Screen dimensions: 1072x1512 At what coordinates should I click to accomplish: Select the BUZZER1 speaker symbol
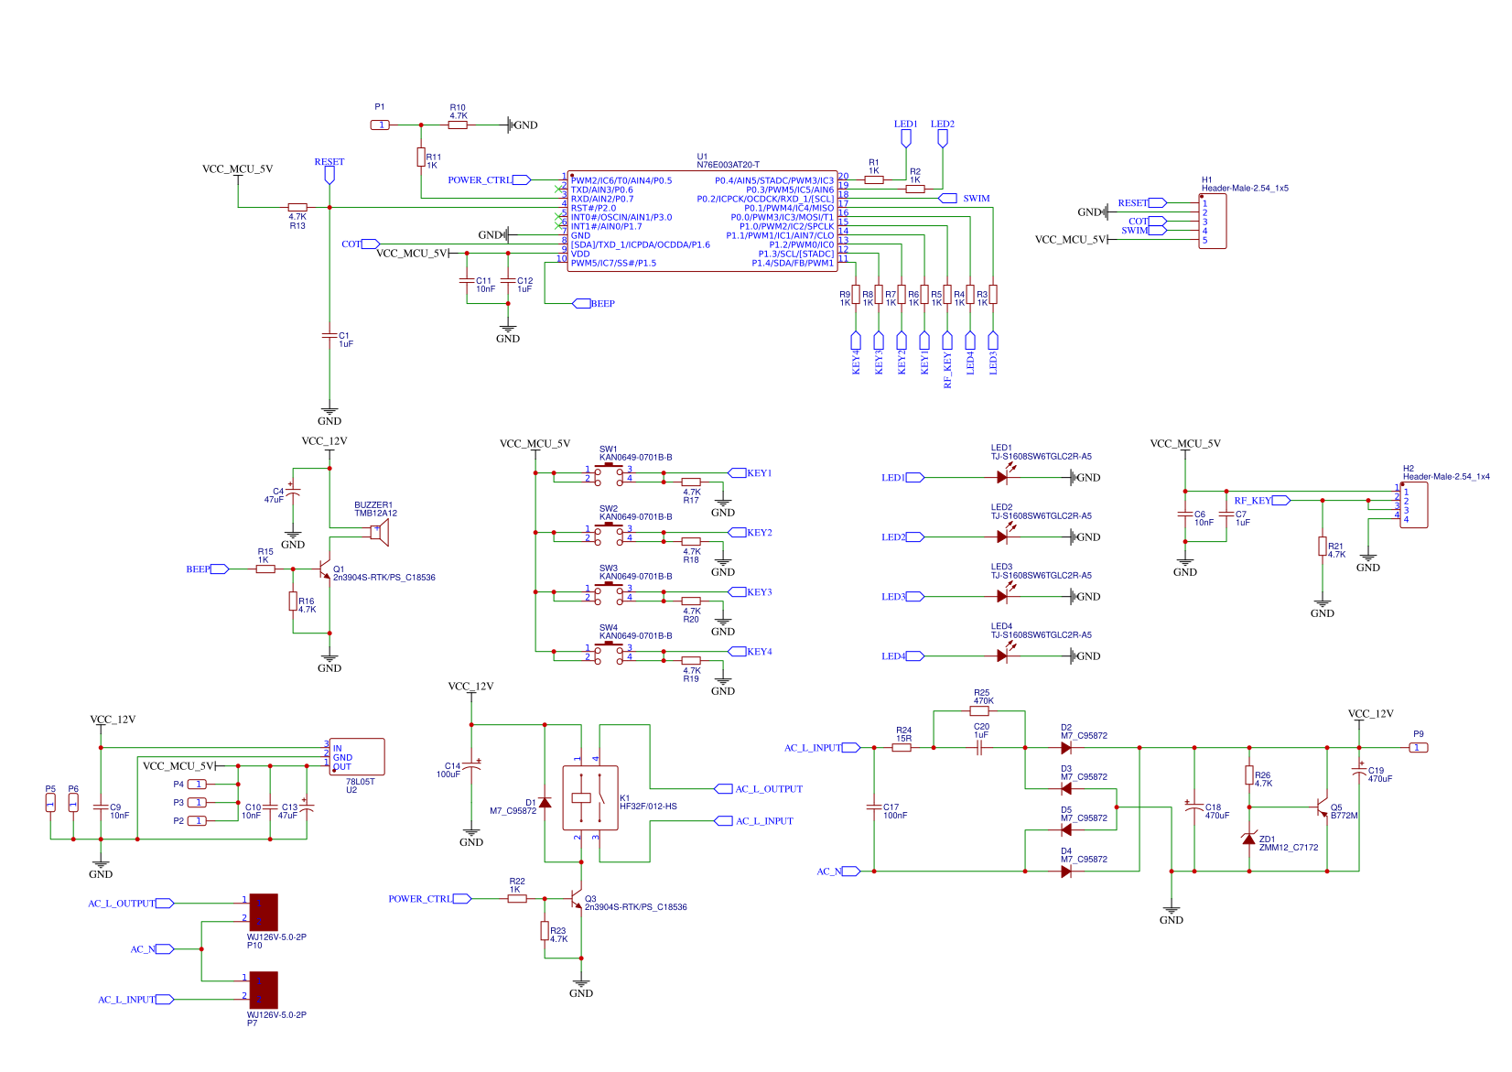(x=380, y=533)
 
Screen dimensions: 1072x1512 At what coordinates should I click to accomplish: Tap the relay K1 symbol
(x=589, y=797)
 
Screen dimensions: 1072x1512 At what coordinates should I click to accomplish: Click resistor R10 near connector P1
(x=458, y=125)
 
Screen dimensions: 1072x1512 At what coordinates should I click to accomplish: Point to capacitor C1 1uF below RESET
(x=329, y=336)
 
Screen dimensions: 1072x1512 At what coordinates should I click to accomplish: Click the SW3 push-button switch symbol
(x=609, y=592)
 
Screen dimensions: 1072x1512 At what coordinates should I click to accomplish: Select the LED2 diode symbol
(x=1002, y=536)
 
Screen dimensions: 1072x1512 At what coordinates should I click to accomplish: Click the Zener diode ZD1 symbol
(x=1249, y=839)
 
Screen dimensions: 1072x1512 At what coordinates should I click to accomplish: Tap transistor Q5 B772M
(x=1322, y=807)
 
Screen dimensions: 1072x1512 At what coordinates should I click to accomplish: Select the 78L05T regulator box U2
(x=357, y=757)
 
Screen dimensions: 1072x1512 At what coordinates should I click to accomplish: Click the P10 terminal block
(x=264, y=912)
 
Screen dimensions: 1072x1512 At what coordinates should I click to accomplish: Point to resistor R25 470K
(x=979, y=710)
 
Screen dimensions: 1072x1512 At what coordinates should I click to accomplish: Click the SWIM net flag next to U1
(x=948, y=198)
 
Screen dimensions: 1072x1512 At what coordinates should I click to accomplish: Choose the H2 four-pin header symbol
(x=1413, y=504)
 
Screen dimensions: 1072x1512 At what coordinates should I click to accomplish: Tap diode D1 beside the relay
(x=545, y=803)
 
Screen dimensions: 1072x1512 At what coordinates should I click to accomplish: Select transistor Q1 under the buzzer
(x=325, y=570)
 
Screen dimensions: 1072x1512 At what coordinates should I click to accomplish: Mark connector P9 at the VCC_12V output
(x=1418, y=747)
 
